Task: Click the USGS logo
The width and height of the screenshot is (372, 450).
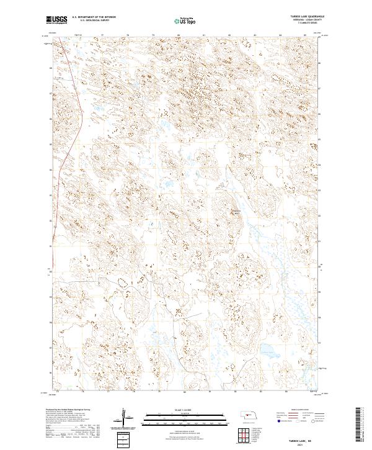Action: pyautogui.click(x=56, y=20)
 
